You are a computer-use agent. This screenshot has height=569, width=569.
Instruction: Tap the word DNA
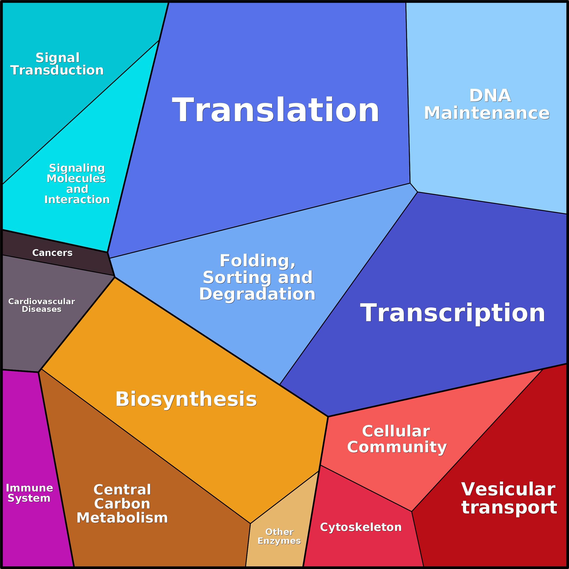[490, 96]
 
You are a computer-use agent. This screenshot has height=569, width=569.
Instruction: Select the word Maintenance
[487, 113]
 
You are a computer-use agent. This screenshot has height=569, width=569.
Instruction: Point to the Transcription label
[453, 313]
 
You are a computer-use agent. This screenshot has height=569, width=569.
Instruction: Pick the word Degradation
[257, 294]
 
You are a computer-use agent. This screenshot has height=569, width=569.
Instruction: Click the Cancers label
[52, 253]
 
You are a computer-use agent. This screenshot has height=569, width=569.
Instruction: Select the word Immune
[29, 488]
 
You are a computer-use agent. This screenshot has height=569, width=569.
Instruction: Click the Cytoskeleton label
[361, 527]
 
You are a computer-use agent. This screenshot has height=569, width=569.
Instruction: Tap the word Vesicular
[508, 489]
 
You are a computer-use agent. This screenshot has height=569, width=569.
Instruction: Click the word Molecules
[76, 178]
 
